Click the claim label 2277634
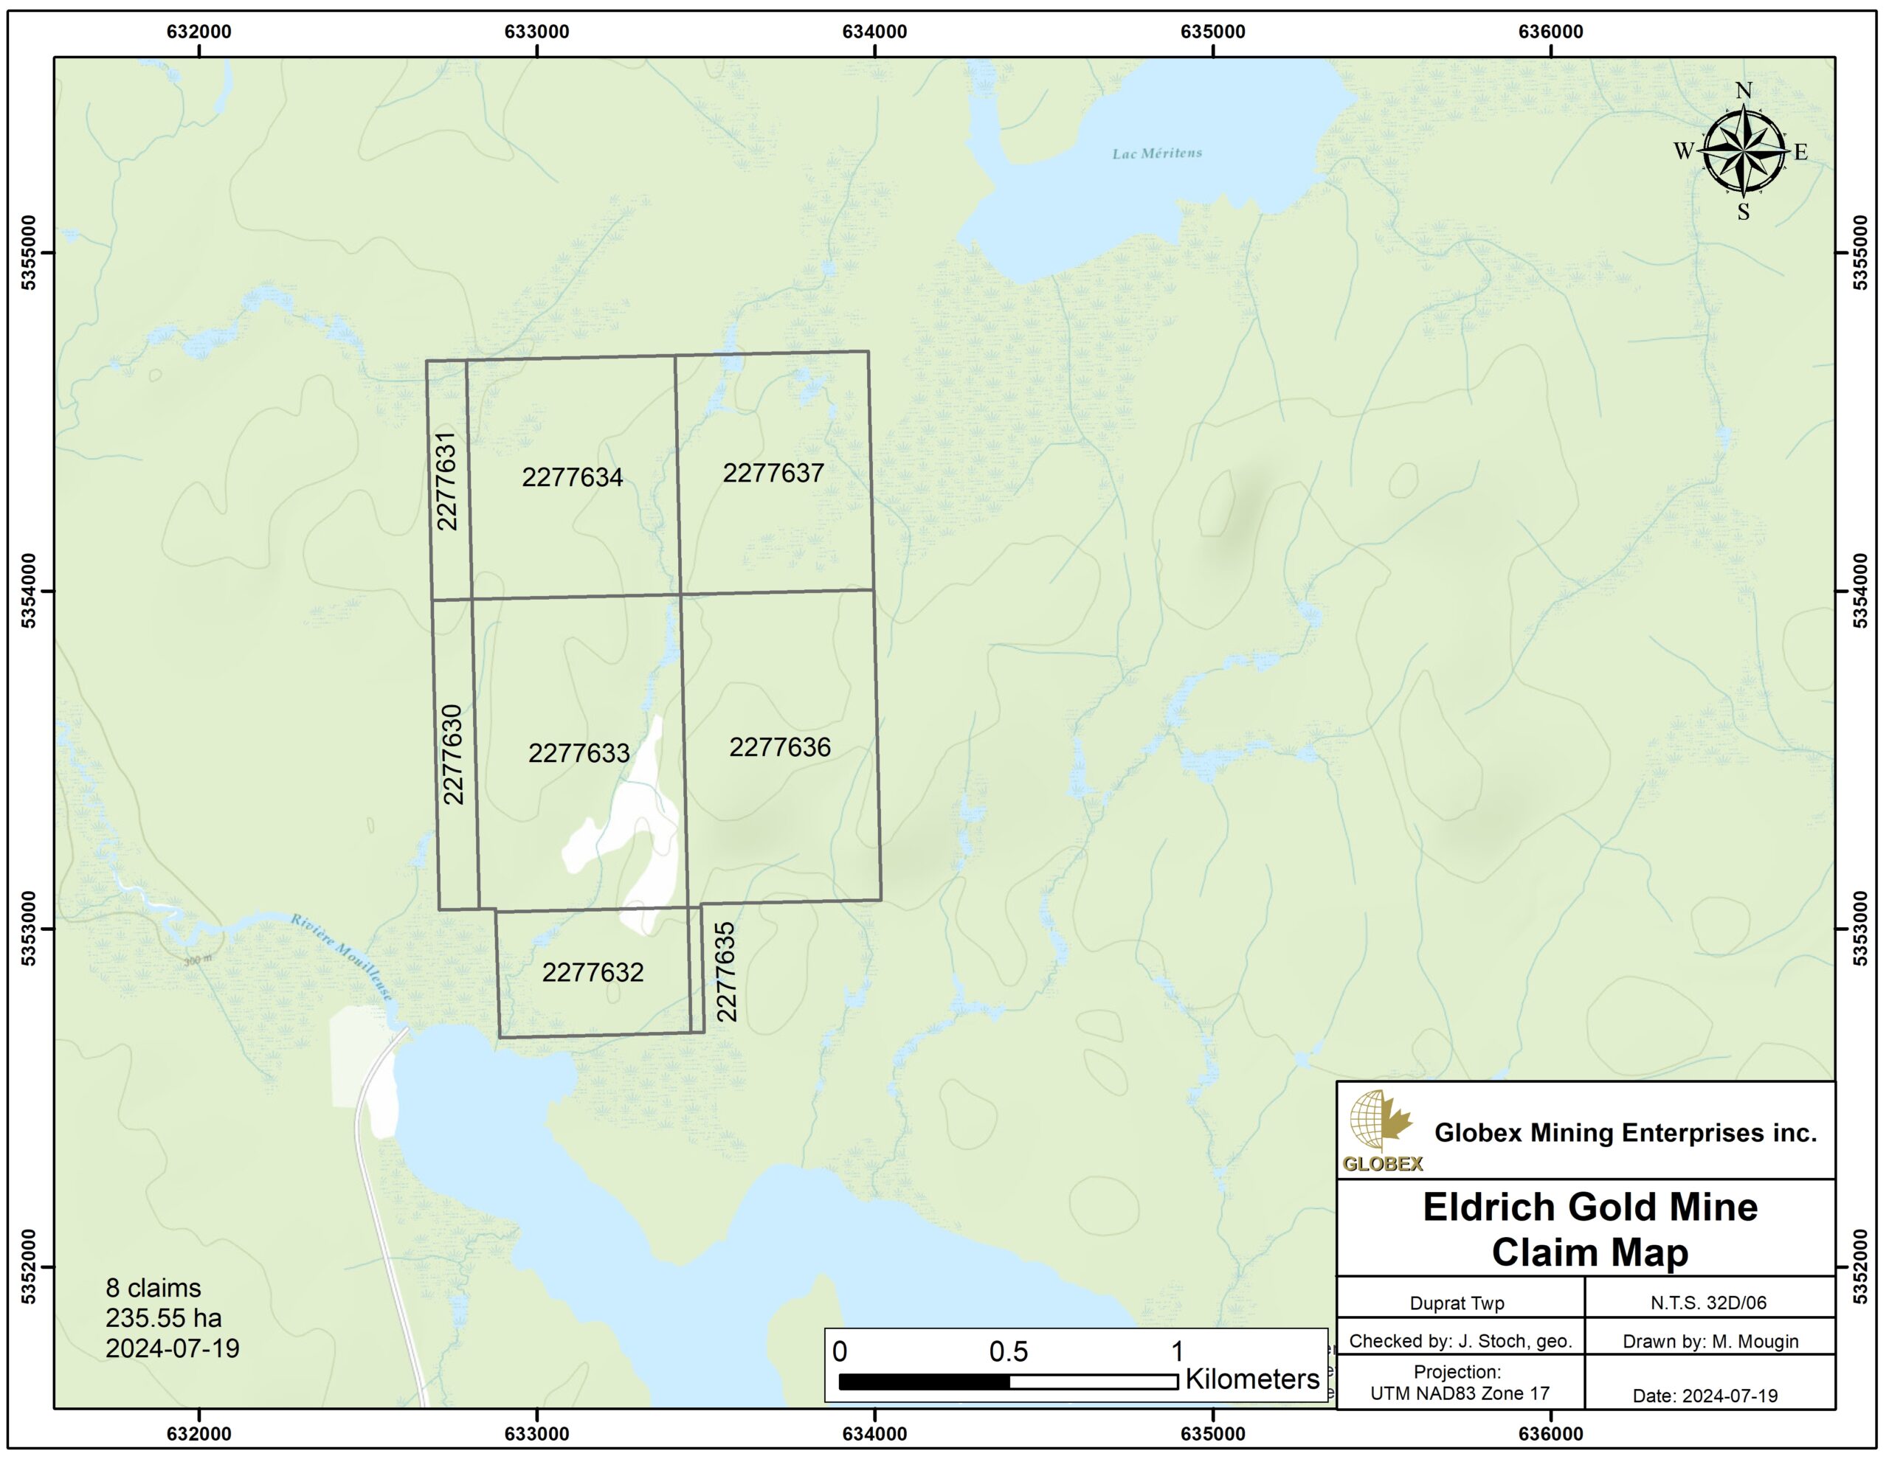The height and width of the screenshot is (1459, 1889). point(572,477)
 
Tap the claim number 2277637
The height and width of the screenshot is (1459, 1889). point(773,473)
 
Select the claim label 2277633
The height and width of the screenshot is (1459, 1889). point(579,753)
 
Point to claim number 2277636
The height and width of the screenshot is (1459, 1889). point(779,747)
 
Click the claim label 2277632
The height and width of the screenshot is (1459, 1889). point(593,973)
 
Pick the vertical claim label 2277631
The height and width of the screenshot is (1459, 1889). point(446,481)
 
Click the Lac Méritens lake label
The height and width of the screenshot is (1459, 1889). point(1156,154)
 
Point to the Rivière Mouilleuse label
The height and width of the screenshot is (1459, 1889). point(341,957)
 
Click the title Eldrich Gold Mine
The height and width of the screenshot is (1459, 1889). point(1589,1207)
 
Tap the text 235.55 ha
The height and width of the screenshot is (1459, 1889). point(164,1318)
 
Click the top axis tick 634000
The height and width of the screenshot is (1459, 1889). point(874,32)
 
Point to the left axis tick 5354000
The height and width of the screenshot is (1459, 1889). point(29,592)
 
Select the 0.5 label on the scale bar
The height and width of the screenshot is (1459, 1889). point(1008,1353)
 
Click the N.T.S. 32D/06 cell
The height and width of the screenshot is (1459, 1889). point(1708,1303)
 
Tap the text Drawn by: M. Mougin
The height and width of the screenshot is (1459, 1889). point(1710,1342)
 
